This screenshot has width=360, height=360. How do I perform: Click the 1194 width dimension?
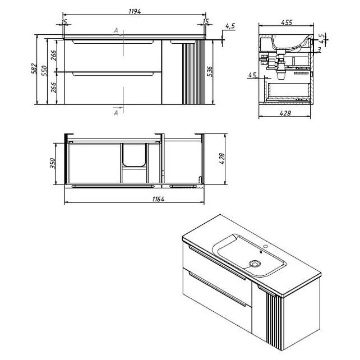click(x=135, y=11)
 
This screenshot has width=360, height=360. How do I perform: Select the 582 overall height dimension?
click(x=34, y=68)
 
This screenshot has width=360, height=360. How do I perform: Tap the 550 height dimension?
click(x=44, y=71)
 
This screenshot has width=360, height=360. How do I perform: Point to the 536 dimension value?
click(x=210, y=71)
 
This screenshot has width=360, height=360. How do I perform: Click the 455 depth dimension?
click(x=287, y=22)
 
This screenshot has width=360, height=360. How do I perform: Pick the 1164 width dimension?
click(x=159, y=199)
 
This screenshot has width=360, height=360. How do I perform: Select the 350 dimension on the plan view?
click(x=53, y=163)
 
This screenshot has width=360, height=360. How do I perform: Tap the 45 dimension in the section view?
click(x=252, y=75)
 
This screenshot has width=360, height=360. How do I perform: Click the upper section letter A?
click(x=116, y=30)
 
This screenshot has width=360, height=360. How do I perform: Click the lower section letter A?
click(x=116, y=113)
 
